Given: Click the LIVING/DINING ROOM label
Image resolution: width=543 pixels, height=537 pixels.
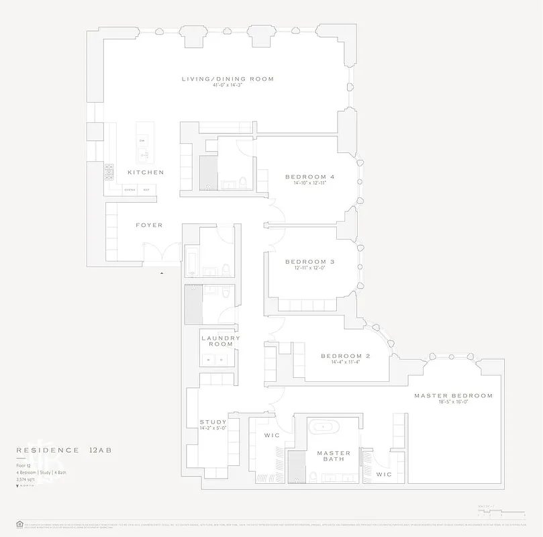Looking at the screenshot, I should coord(228,79).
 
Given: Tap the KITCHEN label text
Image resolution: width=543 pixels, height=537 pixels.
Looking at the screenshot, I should coord(146,173).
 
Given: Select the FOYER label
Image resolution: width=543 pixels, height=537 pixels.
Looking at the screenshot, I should coord(149,225).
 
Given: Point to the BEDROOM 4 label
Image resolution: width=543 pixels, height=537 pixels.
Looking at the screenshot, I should coord(309,177).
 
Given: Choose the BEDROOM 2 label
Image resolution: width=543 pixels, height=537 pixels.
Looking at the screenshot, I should coord(346,356).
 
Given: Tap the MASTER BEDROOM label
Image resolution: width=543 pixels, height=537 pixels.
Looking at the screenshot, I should coord(453,395).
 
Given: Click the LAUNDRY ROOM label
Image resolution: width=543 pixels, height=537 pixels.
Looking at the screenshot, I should coord(220,341).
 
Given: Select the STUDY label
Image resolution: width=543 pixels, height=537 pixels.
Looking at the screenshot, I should coord(213,422).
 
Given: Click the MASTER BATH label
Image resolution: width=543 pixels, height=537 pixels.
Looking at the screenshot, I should coord(334,456).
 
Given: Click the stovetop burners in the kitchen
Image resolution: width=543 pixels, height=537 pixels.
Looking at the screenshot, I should coord(107,173).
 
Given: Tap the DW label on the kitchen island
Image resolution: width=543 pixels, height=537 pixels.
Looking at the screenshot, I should coord(142,140).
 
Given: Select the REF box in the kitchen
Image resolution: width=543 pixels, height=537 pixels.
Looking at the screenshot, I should coord(146,190).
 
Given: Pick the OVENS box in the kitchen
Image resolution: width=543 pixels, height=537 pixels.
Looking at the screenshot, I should coord(130,190).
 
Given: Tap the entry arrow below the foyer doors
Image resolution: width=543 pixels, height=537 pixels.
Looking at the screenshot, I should coord(161,273).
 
